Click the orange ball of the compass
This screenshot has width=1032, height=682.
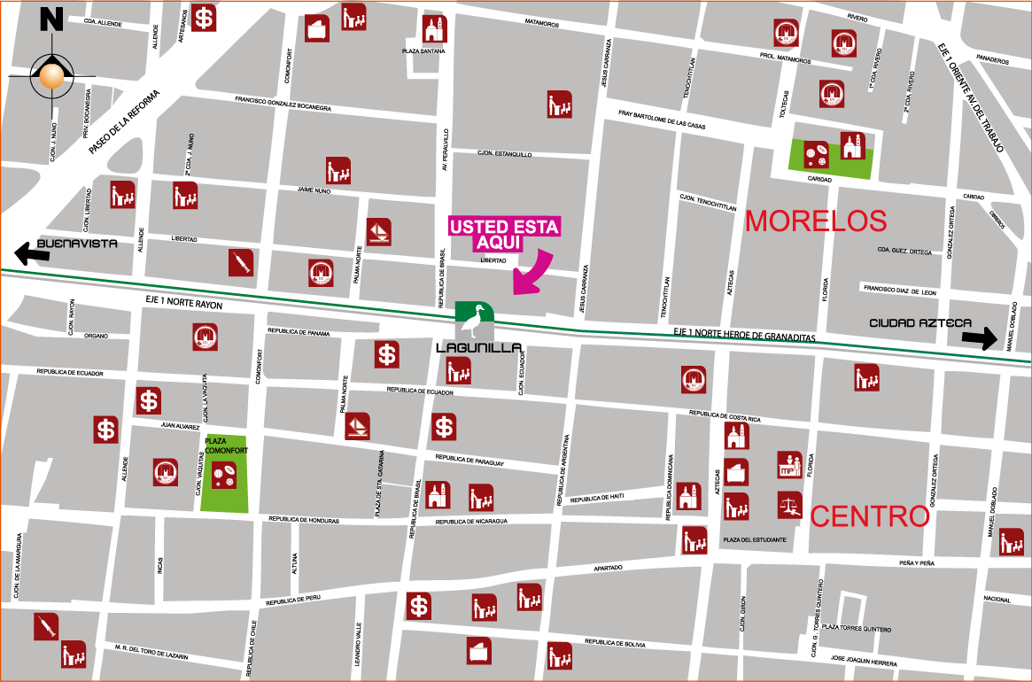point(52,78)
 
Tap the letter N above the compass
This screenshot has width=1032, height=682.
point(51,19)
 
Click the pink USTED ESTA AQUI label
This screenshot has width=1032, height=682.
point(504,235)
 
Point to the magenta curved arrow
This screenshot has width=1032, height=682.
point(533,272)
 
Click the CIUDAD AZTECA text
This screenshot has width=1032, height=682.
point(920,323)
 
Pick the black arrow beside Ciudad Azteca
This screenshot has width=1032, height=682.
point(980,337)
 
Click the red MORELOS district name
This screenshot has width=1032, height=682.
point(816,221)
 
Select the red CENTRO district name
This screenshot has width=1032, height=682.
point(870,516)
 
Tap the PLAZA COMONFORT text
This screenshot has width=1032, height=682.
point(223,446)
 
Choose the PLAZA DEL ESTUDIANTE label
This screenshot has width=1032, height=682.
point(754,539)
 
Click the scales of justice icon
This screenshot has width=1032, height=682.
point(789,505)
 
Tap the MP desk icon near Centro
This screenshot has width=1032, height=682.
point(789,465)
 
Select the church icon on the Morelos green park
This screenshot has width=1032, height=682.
point(852,146)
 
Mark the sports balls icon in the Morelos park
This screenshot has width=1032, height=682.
point(817,155)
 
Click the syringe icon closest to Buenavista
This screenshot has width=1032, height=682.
point(241,261)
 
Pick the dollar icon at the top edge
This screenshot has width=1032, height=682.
point(205,17)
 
